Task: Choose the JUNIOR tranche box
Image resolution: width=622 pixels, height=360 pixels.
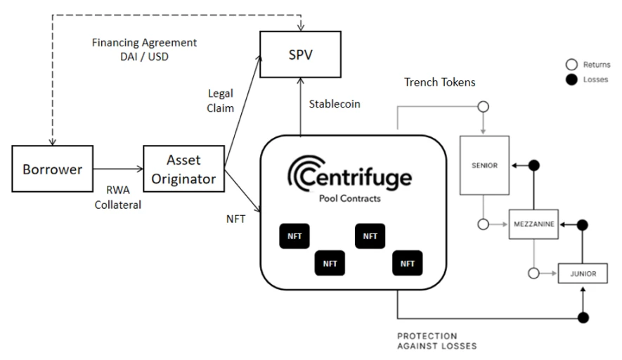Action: click(x=583, y=274)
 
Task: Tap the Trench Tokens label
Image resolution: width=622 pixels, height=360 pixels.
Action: click(x=440, y=82)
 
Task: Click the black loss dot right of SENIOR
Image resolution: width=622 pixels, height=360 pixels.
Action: click(x=533, y=165)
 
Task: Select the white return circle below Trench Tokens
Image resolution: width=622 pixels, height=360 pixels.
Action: click(x=483, y=107)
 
